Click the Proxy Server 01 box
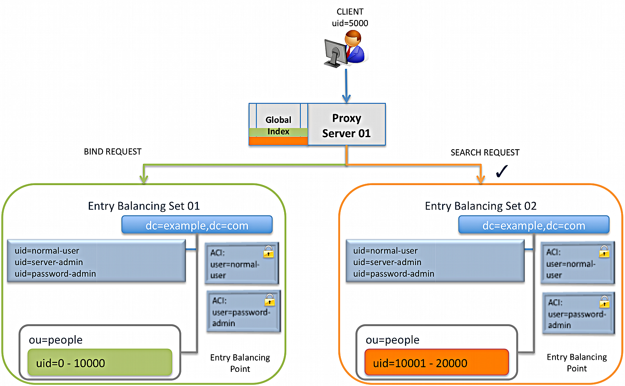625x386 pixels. [346, 125]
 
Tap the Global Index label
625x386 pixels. [278, 125]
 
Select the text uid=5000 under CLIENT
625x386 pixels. [350, 23]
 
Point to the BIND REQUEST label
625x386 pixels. [112, 152]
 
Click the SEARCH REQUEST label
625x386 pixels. [485, 153]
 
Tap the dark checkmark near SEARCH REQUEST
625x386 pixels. [502, 171]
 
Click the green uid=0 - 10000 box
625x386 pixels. [100, 363]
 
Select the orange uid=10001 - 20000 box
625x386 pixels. [436, 363]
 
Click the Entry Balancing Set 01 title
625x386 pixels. [144, 206]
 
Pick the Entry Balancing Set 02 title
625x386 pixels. [480, 206]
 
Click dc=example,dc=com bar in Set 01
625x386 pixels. [197, 226]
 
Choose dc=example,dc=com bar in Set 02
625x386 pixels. [533, 226]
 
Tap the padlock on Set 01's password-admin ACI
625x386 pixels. [270, 300]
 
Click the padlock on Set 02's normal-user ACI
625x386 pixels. [604, 252]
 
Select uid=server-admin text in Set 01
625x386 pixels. [49, 262]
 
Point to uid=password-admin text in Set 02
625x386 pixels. [393, 274]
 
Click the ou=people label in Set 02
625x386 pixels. [392, 340]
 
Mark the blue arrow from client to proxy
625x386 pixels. [346, 85]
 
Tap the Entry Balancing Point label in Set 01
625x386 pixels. [240, 363]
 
